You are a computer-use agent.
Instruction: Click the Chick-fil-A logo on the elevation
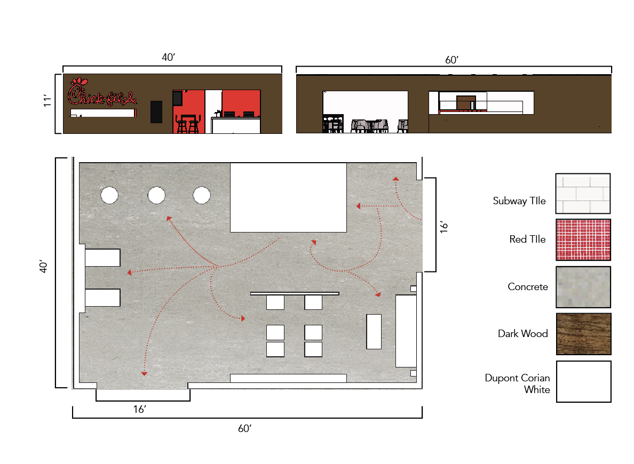click(x=102, y=92)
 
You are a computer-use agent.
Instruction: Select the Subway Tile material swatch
click(x=583, y=194)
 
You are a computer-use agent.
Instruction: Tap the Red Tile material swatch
click(x=583, y=239)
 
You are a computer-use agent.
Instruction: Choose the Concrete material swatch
click(x=583, y=287)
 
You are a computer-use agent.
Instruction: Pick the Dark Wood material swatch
click(x=583, y=334)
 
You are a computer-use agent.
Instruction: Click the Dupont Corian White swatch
click(x=583, y=381)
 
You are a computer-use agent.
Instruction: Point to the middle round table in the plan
click(x=156, y=195)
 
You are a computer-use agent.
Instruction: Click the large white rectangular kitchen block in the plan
click(x=288, y=197)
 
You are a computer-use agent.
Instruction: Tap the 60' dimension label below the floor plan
click(x=244, y=428)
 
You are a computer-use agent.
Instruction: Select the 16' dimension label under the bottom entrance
click(x=140, y=410)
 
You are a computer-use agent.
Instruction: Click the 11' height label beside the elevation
click(x=47, y=101)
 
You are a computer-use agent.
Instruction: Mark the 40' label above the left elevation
click(x=168, y=58)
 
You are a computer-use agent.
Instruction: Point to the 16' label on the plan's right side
click(x=444, y=227)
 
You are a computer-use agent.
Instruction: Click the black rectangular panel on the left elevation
click(x=156, y=112)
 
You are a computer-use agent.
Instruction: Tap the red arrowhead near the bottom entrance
click(x=144, y=373)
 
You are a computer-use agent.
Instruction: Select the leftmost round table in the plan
click(x=109, y=195)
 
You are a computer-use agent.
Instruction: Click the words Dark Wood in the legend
click(x=523, y=333)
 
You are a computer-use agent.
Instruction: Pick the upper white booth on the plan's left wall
click(x=102, y=258)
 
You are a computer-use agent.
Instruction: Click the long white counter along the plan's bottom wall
click(x=288, y=378)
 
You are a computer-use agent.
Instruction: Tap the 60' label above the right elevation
click(x=451, y=60)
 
